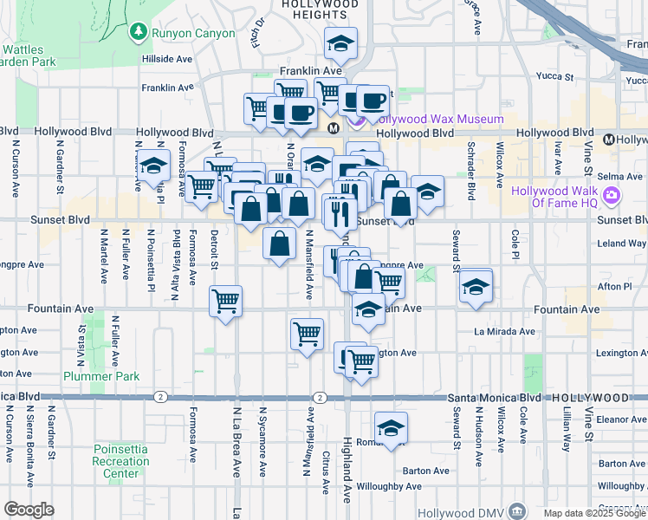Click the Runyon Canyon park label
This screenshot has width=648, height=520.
pyautogui.click(x=193, y=33)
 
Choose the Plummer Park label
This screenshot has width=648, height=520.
pyautogui.click(x=101, y=376)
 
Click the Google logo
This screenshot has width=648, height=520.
pyautogui.click(x=29, y=510)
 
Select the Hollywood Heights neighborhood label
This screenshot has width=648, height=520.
pyautogui.click(x=321, y=10)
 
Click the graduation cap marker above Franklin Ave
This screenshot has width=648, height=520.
pyautogui.click(x=341, y=43)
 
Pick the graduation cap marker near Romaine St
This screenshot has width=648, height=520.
pyautogui.click(x=391, y=428)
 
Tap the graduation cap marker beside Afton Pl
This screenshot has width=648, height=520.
pyautogui.click(x=476, y=286)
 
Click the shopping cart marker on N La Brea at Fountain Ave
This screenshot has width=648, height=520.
pyautogui.click(x=226, y=302)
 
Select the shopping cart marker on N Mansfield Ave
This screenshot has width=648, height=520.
pyautogui.click(x=307, y=334)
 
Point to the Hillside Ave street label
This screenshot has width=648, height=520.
pyautogui.click(x=168, y=59)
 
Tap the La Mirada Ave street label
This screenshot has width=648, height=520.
pyautogui.click(x=504, y=331)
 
